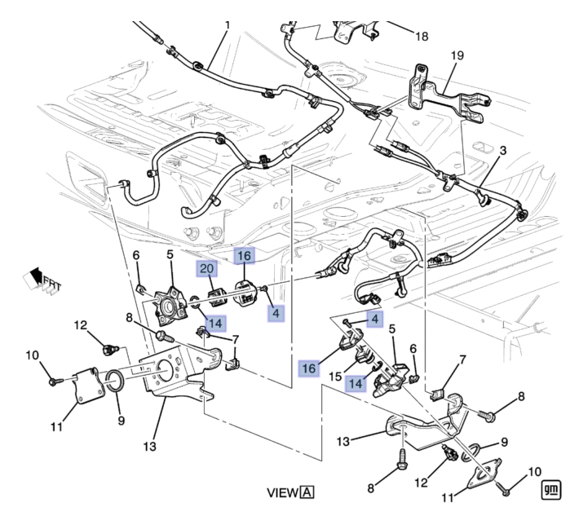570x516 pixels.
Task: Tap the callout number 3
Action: coord(502,151)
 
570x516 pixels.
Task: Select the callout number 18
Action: coord(421,36)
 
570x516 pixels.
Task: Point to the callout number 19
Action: coord(457,55)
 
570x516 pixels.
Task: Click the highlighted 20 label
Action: coord(205,269)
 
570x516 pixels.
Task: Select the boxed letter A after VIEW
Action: coord(307,492)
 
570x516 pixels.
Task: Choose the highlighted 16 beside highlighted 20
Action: coord(244,255)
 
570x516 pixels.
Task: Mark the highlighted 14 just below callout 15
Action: coord(355,383)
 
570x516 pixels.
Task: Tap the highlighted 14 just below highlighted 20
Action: coord(214,323)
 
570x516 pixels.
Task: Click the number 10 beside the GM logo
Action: coord(535,470)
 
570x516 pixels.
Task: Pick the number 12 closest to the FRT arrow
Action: coord(81,325)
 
